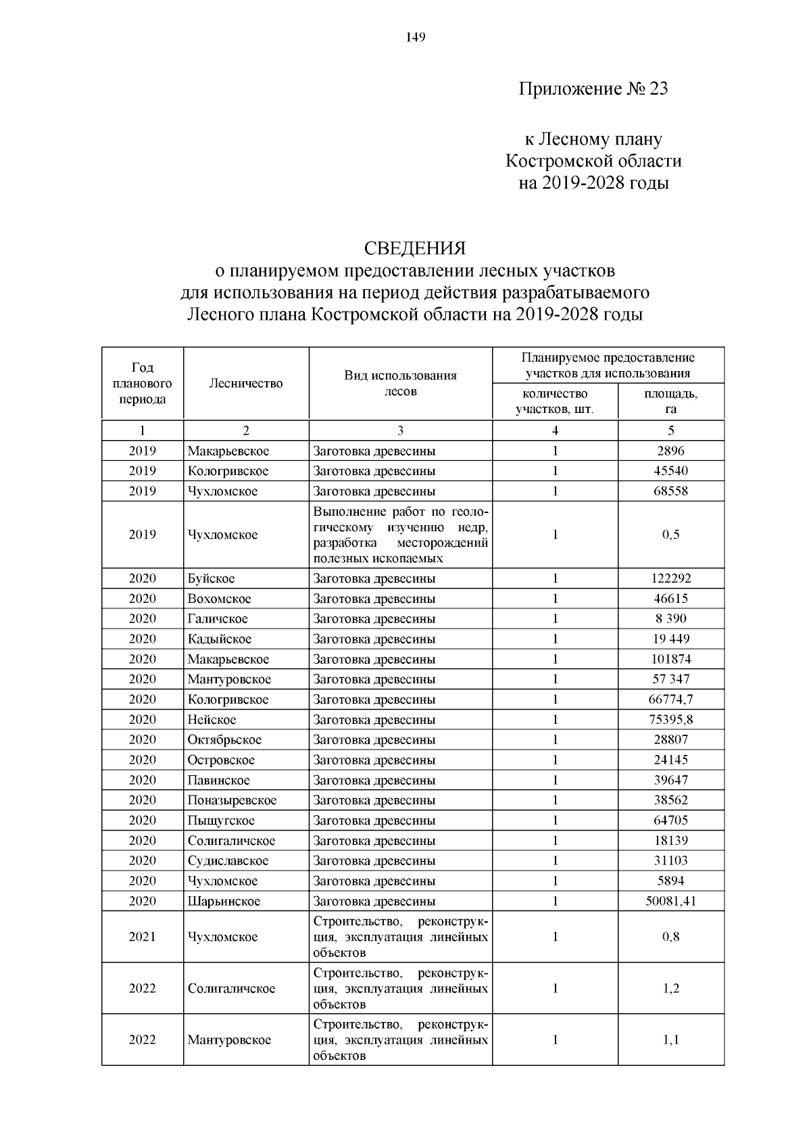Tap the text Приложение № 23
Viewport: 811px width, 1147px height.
[x=593, y=89]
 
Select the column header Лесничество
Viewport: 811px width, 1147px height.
[x=246, y=383]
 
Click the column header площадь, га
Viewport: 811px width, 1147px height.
[x=670, y=401]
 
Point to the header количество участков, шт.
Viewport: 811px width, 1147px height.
[x=555, y=401]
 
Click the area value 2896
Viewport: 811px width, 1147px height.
[x=670, y=451]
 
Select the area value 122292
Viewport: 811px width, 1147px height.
[x=670, y=579]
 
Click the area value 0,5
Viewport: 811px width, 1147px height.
[x=670, y=535]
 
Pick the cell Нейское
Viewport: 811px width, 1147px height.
[x=212, y=720]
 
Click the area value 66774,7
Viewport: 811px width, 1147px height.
[x=670, y=700]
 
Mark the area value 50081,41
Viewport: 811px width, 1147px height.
[x=670, y=901]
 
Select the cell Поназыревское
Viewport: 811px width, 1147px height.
[x=232, y=800]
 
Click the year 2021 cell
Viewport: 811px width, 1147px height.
[x=142, y=937]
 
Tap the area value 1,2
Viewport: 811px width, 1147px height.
[x=670, y=988]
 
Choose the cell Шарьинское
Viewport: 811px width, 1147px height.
[x=224, y=901]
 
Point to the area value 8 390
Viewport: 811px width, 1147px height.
[x=670, y=618]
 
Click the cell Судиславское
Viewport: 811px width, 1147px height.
[x=228, y=861]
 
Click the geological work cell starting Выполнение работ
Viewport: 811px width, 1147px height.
[x=400, y=535]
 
